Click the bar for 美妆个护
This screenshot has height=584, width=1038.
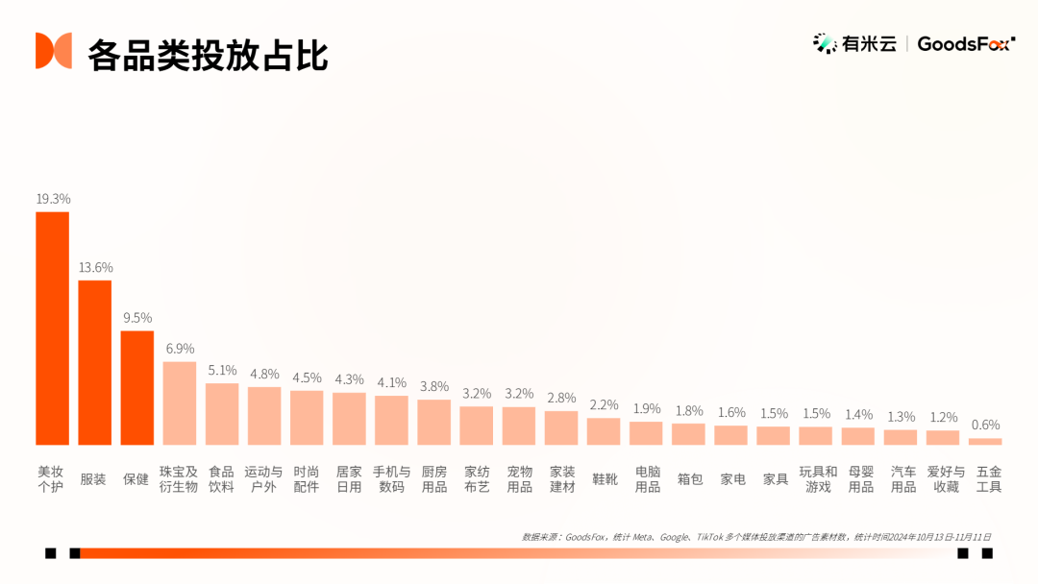tap(53, 328)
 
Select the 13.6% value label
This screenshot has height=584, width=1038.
tap(95, 267)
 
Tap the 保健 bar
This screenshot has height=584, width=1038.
tap(137, 388)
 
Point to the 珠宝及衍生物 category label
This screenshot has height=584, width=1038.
tap(179, 479)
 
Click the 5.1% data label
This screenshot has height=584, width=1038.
tap(222, 370)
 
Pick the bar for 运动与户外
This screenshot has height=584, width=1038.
tap(264, 416)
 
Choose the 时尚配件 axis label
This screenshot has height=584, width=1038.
tap(307, 479)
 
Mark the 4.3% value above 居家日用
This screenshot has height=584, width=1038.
tap(349, 379)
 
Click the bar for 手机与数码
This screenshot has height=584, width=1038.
tap(391, 421)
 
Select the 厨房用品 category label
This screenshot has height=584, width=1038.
tap(434, 479)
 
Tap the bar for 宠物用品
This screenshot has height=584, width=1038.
tap(519, 426)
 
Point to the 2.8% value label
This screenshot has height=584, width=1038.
tap(561, 398)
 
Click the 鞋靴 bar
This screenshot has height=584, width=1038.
tap(604, 431)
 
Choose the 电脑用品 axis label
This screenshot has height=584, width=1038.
tap(647, 479)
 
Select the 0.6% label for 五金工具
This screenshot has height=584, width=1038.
tap(985, 425)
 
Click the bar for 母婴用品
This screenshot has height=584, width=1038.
tap(858, 436)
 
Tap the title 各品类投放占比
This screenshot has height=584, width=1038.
tap(208, 55)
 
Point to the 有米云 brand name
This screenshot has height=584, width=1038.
tap(870, 43)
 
